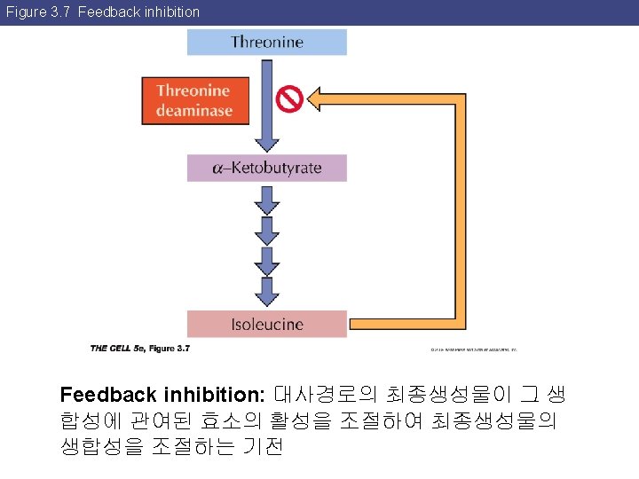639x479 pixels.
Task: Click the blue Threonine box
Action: [x=266, y=42]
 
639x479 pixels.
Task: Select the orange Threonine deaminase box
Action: [x=194, y=100]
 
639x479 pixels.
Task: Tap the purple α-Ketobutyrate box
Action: [x=266, y=168]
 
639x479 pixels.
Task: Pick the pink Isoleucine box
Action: [x=266, y=324]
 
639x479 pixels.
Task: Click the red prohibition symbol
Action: [x=290, y=98]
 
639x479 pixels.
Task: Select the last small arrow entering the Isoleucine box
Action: [x=266, y=289]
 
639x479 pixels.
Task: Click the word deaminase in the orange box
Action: [x=194, y=111]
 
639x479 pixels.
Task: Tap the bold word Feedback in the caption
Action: [x=108, y=394]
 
